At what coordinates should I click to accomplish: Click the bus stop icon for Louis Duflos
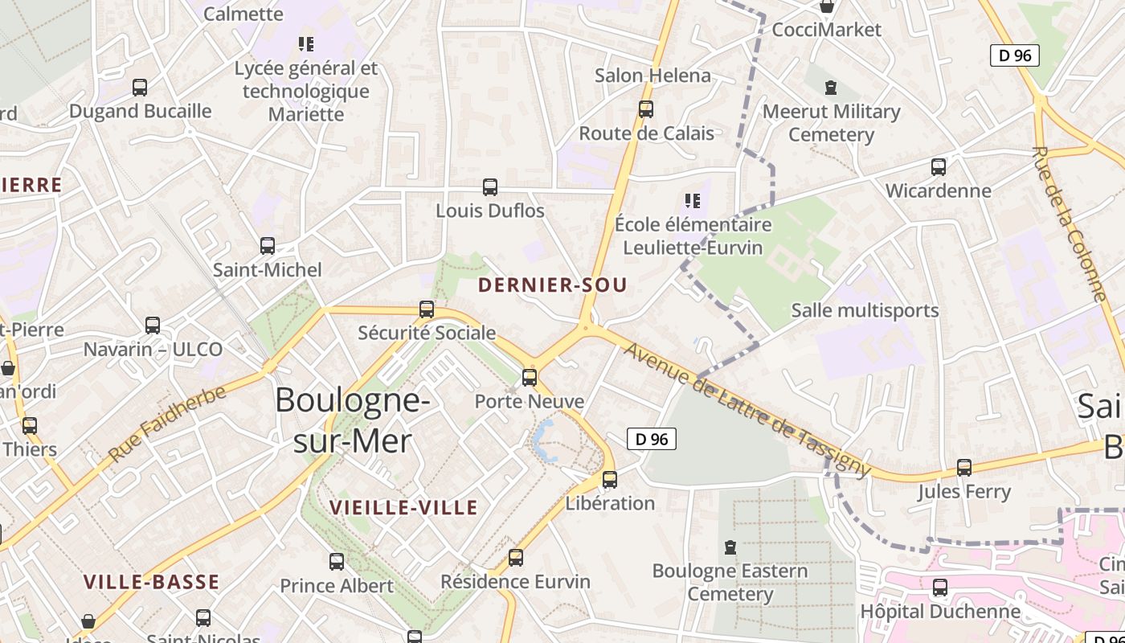[490, 187]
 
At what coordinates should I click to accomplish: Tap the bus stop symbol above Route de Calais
[646, 109]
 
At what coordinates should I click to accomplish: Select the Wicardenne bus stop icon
[939, 167]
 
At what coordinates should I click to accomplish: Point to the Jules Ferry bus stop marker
[964, 468]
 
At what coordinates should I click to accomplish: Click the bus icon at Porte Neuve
[530, 378]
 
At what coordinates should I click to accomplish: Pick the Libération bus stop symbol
[610, 480]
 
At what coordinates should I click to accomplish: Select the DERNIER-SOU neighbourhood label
[552, 285]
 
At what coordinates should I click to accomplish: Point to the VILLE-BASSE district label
[152, 582]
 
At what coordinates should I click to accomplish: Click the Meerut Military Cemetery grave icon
[831, 88]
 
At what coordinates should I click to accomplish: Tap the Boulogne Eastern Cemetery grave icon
[730, 547]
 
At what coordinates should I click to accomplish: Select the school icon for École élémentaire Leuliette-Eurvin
[691, 201]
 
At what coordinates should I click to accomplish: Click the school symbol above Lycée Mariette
[306, 44]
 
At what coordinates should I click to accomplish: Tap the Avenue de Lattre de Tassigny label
[747, 409]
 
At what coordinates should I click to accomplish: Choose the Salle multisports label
[865, 310]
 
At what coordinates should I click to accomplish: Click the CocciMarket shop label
[826, 30]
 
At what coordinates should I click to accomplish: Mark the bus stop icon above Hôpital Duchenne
[940, 588]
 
